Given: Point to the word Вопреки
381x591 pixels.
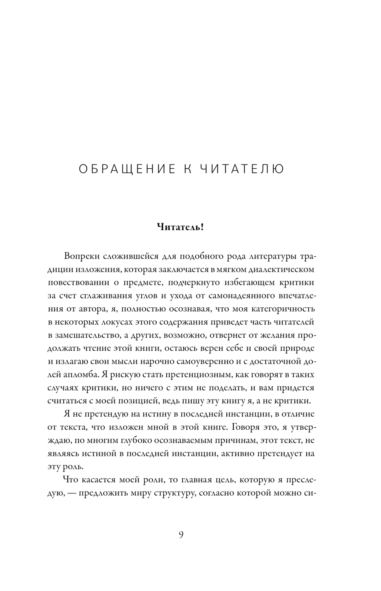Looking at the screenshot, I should pos(80,256).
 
